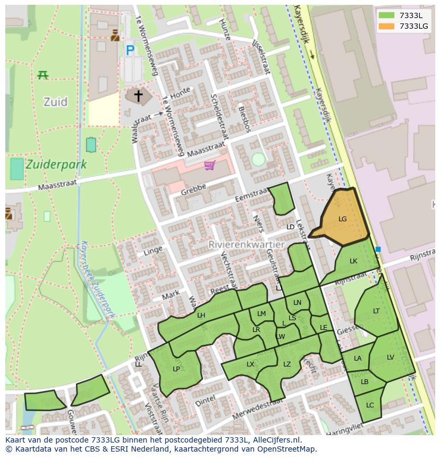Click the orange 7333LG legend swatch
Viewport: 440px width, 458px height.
pyautogui.click(x=387, y=26)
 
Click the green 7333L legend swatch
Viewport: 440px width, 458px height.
pyautogui.click(x=387, y=15)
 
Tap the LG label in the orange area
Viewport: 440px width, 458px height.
pyautogui.click(x=342, y=219)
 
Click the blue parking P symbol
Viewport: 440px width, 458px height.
pyautogui.click(x=130, y=51)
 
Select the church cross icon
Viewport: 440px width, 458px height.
pyautogui.click(x=138, y=96)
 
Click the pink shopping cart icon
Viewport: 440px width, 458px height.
pyautogui.click(x=210, y=166)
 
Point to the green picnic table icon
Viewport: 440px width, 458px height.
pyautogui.click(x=43, y=75)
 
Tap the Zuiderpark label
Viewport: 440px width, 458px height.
pyautogui.click(x=55, y=164)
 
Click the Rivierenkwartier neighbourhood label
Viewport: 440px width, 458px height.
pyautogui.click(x=247, y=245)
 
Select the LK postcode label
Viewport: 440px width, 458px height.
pyautogui.click(x=353, y=261)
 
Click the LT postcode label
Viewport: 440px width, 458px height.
pyautogui.click(x=376, y=311)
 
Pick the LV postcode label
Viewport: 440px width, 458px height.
pyautogui.click(x=391, y=357)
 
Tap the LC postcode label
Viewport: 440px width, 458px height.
pyautogui.click(x=370, y=405)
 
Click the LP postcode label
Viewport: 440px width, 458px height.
pyautogui.click(x=176, y=369)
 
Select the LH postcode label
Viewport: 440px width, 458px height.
pyautogui.click(x=201, y=315)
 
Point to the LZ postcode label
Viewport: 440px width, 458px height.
pyautogui.click(x=287, y=364)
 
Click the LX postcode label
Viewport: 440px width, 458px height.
pyautogui.click(x=250, y=364)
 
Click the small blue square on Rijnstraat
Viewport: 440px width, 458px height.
pyautogui.click(x=378, y=249)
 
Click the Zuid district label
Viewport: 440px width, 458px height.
pyautogui.click(x=55, y=102)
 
